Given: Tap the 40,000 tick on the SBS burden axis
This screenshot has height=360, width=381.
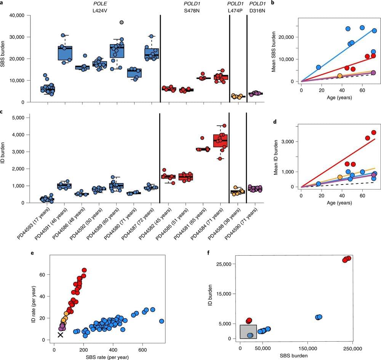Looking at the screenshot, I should coord(16,15).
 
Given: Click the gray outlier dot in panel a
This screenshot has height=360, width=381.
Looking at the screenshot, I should coord(121,22).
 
